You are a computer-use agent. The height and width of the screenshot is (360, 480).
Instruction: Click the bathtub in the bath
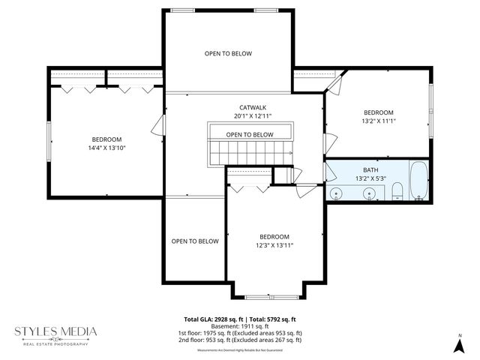pos(418,182)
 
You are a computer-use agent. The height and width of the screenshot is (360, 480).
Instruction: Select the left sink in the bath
pos(337,194)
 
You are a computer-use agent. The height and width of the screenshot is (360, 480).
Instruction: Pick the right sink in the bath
pos(368,194)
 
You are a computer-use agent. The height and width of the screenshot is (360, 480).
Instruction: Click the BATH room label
pos(370,170)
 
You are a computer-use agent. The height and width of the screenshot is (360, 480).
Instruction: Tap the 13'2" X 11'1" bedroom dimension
pos(378,119)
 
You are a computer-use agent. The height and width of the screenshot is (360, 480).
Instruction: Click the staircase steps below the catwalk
pos(247,154)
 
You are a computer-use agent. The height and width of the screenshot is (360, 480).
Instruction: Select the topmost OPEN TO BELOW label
pos(228,54)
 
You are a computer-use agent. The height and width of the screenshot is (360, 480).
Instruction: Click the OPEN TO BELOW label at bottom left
pos(194,241)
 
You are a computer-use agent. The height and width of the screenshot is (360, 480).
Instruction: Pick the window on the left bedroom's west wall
pos(49,139)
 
